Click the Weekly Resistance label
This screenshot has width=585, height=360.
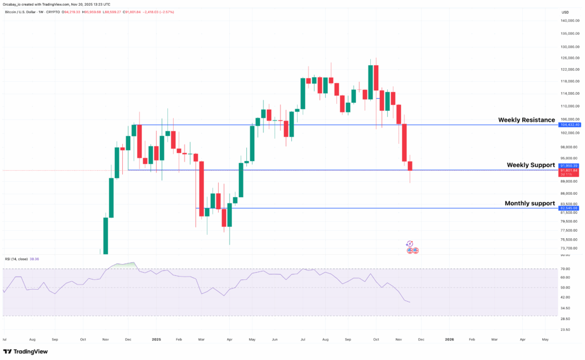tap(526, 120)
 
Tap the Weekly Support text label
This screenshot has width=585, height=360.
tap(531, 165)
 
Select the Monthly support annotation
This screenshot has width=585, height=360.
tap(530, 203)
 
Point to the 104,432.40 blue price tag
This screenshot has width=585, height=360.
tap(570, 125)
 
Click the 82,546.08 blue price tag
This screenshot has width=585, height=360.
tap(570, 209)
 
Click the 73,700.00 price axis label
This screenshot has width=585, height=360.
tap(569, 248)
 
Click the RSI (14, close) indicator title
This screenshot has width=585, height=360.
tap(21, 259)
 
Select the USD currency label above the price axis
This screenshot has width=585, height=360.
tap(565, 12)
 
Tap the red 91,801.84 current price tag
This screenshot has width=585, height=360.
tap(570, 170)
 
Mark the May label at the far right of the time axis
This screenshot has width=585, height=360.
tap(545, 339)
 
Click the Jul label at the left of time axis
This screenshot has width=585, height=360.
tap(5, 339)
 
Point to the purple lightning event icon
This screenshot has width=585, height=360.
tap(410, 243)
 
